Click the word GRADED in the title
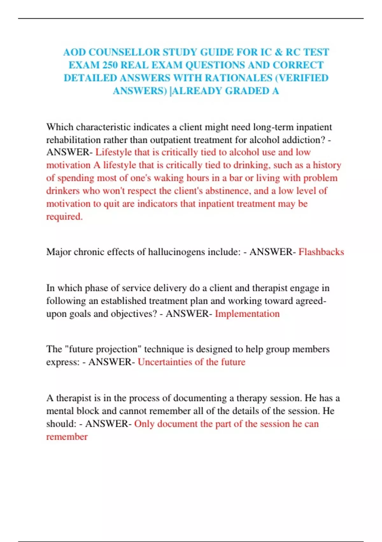(x=247, y=91)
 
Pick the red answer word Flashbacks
(x=321, y=252)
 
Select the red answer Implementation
(x=247, y=314)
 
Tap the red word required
(x=64, y=217)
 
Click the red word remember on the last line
(x=67, y=437)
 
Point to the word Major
(x=59, y=252)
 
